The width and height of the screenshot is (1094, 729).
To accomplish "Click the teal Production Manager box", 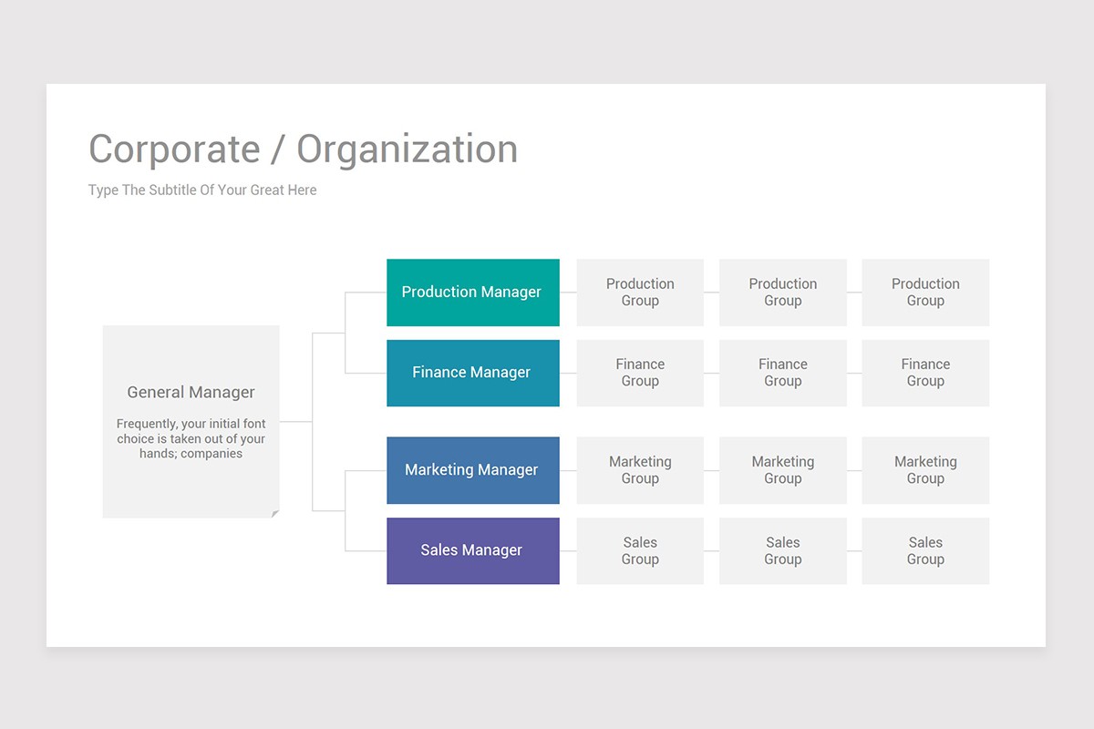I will coord(472,293).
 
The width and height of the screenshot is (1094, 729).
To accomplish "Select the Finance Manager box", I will coord(472,373).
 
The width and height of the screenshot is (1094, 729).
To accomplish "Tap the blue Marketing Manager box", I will coord(472,470).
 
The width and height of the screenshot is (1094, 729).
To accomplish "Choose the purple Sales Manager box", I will coord(472,550).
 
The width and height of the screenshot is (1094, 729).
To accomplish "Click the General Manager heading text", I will coord(191,393).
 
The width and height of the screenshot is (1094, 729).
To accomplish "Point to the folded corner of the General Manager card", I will coord(274,514).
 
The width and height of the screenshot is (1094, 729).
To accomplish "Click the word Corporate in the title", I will coord(174,149).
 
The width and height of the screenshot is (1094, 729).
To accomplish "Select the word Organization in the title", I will coord(408,149).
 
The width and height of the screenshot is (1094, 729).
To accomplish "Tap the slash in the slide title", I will coord(278,149).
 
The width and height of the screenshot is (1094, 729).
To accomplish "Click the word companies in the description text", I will coord(212,453).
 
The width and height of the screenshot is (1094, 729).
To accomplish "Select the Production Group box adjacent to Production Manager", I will coord(640,293).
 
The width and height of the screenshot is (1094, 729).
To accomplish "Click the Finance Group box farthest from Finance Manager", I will coord(925,373).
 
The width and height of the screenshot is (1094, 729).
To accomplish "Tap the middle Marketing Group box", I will coord(782,470).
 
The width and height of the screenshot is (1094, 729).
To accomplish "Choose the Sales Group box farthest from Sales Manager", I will coord(925,550).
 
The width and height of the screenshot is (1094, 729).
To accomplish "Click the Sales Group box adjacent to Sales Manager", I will coord(640,550).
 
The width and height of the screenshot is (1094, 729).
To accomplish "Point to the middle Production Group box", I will coord(782,293).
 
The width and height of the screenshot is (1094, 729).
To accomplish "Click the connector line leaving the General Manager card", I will coord(295,422).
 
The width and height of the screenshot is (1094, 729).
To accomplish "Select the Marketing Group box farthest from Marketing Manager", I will coord(925,470).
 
